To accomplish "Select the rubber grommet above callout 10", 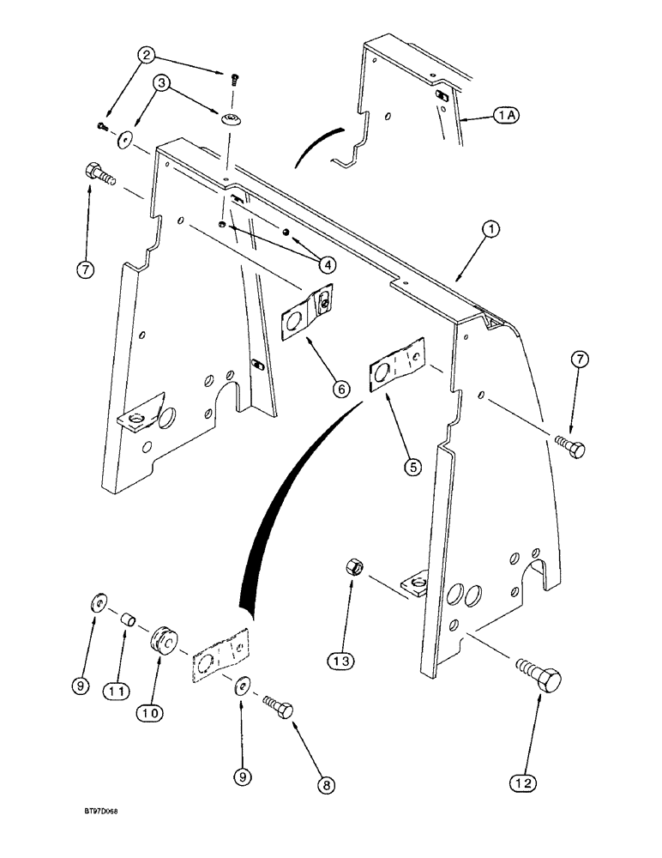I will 164,643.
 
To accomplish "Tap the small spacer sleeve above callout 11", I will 128,619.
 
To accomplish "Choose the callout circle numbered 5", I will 413,467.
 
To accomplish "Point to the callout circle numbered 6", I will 340,389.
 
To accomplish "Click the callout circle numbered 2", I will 149,57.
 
